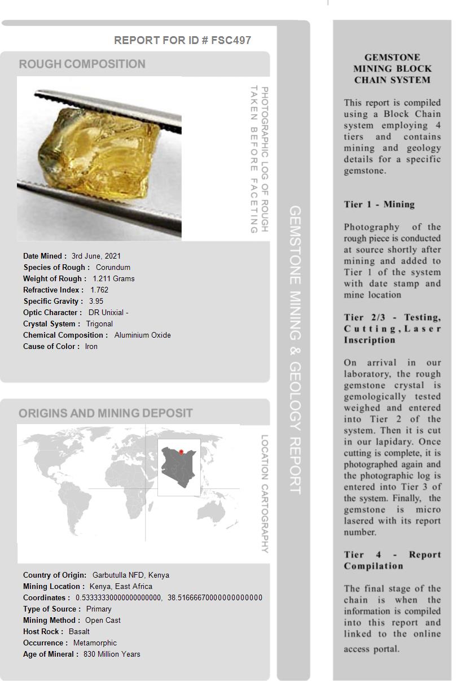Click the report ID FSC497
pyautogui.click(x=231, y=40)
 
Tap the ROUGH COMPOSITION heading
pyautogui.click(x=82, y=64)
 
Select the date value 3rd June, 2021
pyautogui.click(x=96, y=256)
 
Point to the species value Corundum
pyautogui.click(x=113, y=267)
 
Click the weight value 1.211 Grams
pyautogui.click(x=113, y=278)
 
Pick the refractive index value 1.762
pyautogui.click(x=99, y=290)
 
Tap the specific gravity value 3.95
pyautogui.click(x=96, y=301)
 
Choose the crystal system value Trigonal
pyautogui.click(x=99, y=324)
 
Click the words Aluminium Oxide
pyautogui.click(x=142, y=335)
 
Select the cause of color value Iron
pyautogui.click(x=91, y=346)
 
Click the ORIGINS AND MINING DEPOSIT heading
pyautogui.click(x=106, y=413)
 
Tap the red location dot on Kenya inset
pyautogui.click(x=181, y=452)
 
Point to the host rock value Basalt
pyautogui.click(x=79, y=631)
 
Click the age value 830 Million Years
pyautogui.click(x=112, y=654)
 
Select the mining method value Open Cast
pyautogui.click(x=103, y=620)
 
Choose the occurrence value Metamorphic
pyautogui.click(x=95, y=643)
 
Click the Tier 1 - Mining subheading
pyautogui.click(x=379, y=204)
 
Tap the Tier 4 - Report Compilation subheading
pyautogui.click(x=392, y=560)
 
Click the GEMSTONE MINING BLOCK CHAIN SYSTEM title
pyautogui.click(x=392, y=68)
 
